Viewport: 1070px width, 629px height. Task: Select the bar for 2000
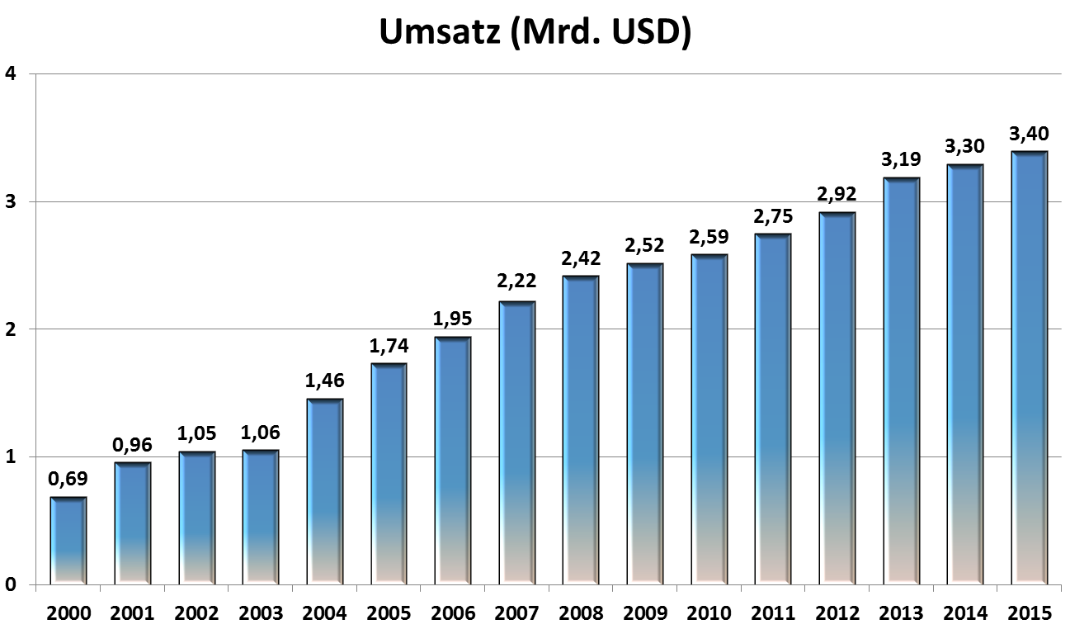(x=68, y=541)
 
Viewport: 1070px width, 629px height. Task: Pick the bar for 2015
(x=1029, y=368)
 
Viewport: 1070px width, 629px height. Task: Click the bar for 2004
(x=324, y=492)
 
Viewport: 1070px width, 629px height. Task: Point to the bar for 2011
(x=773, y=409)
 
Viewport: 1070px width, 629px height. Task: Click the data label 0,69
(x=68, y=480)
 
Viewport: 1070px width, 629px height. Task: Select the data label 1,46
(x=324, y=381)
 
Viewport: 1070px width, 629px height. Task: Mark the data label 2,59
(x=709, y=237)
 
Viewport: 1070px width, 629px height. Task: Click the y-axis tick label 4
(x=11, y=74)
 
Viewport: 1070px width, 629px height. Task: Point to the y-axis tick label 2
(x=11, y=329)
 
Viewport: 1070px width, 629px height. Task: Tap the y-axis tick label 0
(x=11, y=585)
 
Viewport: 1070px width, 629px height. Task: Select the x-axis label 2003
(x=261, y=613)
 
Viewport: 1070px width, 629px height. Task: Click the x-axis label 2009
(x=645, y=613)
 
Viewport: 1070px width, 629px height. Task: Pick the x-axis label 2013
(x=901, y=613)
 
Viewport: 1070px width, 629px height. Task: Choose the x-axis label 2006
(x=453, y=613)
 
